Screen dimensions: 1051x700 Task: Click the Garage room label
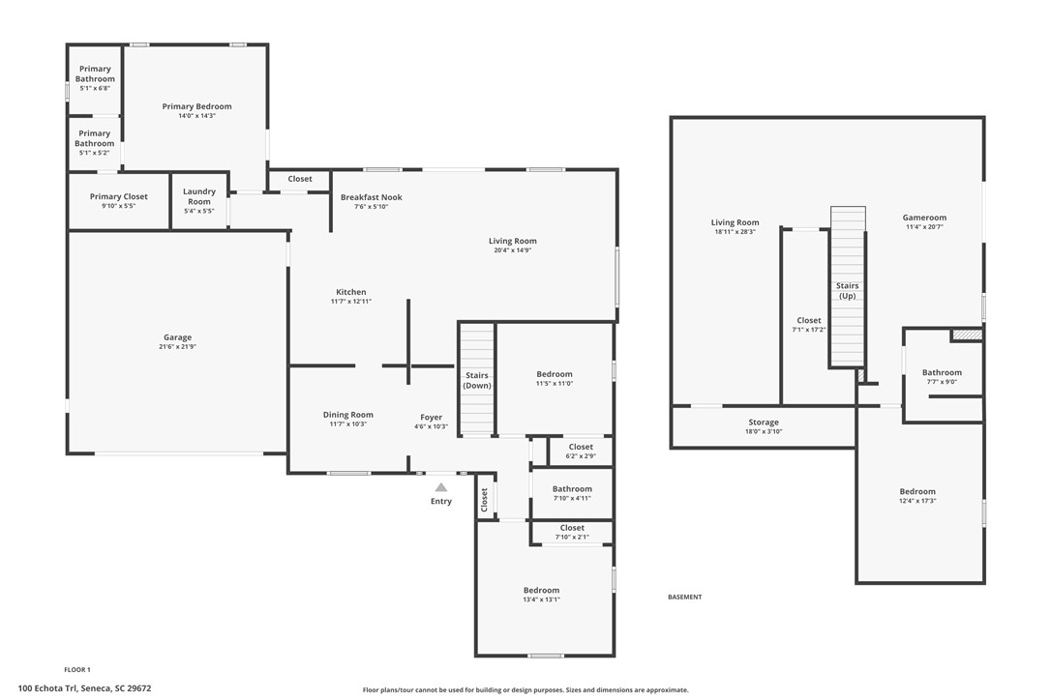(178, 337)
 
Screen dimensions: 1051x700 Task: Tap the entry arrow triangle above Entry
(441, 487)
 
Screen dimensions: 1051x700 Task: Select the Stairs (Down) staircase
(477, 380)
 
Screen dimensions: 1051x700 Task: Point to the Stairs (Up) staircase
(848, 287)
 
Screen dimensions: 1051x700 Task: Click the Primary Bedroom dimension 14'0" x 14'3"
(197, 116)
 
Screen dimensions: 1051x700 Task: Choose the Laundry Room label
(199, 196)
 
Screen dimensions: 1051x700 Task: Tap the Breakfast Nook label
(372, 197)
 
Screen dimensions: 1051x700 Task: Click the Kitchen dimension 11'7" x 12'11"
(351, 302)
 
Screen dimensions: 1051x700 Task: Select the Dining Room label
(347, 415)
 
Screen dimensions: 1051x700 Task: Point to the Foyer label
(431, 418)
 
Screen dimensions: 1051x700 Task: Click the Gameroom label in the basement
(924, 217)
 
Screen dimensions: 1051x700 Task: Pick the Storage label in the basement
(764, 422)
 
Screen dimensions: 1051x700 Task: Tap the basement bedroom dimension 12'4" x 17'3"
(917, 501)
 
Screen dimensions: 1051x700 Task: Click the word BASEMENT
(685, 597)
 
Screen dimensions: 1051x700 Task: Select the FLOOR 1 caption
(77, 669)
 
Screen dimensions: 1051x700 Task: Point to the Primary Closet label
(119, 196)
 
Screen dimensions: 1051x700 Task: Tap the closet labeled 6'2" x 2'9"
(581, 452)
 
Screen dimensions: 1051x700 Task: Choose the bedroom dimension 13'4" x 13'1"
(542, 599)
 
